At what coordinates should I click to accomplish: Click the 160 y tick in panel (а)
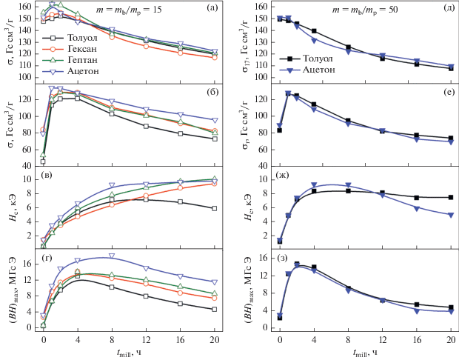pyautogui.click(x=26, y=6)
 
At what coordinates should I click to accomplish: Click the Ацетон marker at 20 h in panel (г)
pyautogui.click(x=214, y=282)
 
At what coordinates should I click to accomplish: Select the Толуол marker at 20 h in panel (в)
pyautogui.click(x=214, y=208)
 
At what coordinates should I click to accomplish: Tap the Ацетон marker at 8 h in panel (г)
pyautogui.click(x=111, y=256)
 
